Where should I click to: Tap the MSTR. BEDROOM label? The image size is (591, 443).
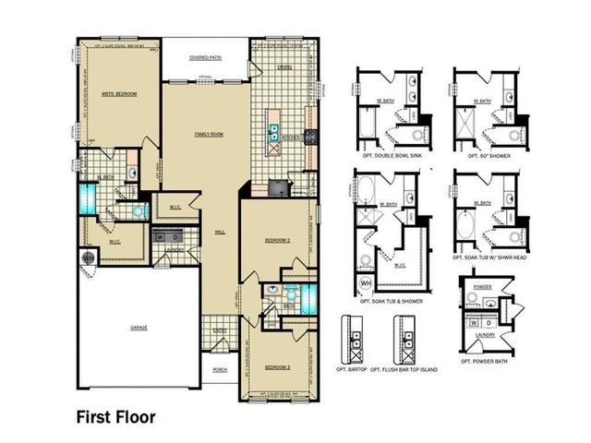click(x=120, y=93)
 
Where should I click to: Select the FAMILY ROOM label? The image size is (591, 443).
click(x=209, y=135)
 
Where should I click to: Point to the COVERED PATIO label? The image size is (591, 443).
click(x=204, y=57)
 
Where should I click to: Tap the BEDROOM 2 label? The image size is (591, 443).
click(x=278, y=240)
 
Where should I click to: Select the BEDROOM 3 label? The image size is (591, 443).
click(x=277, y=366)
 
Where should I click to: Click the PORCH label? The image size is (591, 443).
click(x=220, y=369)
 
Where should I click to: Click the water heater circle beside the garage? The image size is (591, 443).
click(x=90, y=257)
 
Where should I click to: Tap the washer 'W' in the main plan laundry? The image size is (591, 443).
click(x=161, y=237)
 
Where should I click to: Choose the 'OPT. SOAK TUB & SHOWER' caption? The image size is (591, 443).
click(x=392, y=302)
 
